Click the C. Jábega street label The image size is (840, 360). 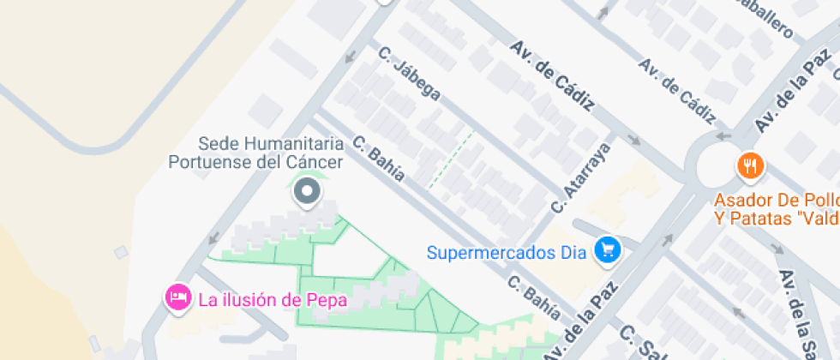(x=411, y=74)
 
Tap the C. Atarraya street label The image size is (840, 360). (x=580, y=177)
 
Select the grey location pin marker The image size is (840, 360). (x=306, y=192)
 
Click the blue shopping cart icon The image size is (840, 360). (x=609, y=250)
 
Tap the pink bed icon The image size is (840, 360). (x=177, y=297)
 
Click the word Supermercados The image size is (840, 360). (x=495, y=252)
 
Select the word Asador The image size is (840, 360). (x=741, y=201)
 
